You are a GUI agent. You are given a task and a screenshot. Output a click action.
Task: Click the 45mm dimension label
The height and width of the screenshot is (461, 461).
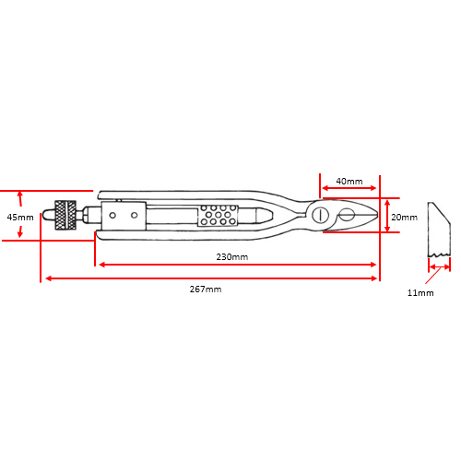tap(20, 218)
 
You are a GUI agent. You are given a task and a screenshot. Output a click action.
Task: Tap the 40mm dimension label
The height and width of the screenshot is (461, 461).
tap(349, 181)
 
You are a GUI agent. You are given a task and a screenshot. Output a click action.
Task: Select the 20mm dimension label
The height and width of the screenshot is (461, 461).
tap(404, 218)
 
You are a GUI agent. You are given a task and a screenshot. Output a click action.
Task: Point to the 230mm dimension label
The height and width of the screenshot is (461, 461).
tap(232, 256)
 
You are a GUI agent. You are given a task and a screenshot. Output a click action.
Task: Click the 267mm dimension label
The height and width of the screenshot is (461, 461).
tap(206, 289)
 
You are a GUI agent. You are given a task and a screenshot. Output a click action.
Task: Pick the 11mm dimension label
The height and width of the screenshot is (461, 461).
tap(420, 292)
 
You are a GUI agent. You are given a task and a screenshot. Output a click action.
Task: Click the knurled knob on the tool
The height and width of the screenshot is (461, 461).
tap(65, 215)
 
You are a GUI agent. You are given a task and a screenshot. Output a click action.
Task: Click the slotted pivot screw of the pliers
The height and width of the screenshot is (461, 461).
tap(320, 214)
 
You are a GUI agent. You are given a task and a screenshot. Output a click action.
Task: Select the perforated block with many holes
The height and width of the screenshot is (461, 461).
tap(218, 215)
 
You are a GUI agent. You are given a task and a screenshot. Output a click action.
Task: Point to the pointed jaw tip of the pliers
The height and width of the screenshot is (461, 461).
tap(376, 213)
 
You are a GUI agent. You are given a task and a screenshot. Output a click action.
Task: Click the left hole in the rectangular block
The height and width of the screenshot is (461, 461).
tap(112, 215)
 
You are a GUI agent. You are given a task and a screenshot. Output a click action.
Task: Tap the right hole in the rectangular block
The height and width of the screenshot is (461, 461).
tap(134, 215)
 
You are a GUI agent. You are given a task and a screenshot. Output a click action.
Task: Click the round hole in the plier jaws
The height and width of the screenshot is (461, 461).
tap(348, 214)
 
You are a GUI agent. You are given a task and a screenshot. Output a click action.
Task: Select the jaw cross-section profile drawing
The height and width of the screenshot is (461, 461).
tap(439, 230)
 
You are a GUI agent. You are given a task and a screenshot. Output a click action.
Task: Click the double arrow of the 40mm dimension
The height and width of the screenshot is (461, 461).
tap(349, 188)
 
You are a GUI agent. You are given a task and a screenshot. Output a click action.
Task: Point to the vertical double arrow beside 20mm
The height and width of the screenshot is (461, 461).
tap(387, 215)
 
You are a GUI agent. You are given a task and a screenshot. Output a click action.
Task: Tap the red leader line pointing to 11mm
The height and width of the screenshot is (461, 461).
tap(433, 276)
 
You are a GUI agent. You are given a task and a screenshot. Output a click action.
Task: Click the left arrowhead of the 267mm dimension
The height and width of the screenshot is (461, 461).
tap(48, 278)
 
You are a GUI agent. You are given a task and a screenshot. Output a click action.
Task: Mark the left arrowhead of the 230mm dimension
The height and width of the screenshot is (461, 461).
tap(102, 265)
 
